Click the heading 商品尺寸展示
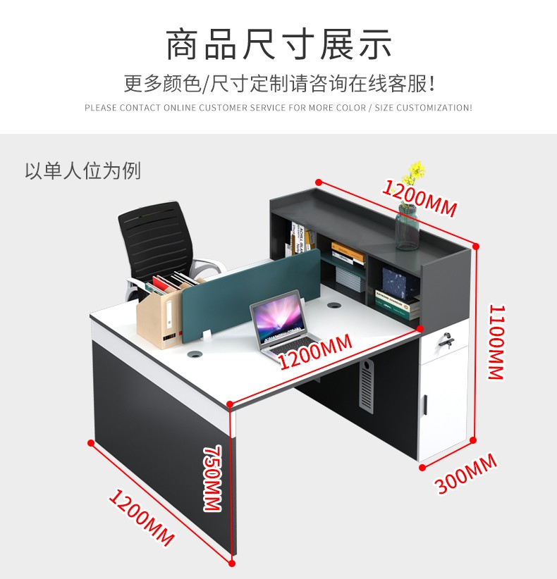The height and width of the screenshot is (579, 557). coord(278,44)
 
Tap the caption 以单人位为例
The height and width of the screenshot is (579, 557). coord(83,170)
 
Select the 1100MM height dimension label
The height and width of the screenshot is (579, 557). coord(496,342)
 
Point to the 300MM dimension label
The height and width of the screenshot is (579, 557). coord(466,474)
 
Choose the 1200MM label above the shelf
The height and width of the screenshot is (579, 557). coord(420,197)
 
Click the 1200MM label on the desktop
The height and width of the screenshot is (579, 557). coord(314,351)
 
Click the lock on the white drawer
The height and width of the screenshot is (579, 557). coord(445,340)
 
